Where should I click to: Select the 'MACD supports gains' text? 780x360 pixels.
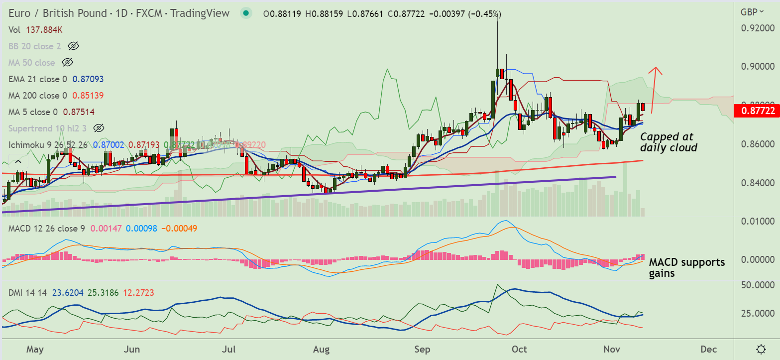point(686,267)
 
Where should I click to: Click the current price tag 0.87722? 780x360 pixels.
point(758,111)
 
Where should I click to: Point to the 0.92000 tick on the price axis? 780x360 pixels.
point(758,28)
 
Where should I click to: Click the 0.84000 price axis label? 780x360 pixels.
point(758,183)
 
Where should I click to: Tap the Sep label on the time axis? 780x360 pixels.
point(422,349)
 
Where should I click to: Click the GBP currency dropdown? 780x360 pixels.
point(752,12)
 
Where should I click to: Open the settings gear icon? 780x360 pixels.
point(761,349)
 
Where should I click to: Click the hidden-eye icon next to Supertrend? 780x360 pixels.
point(99,128)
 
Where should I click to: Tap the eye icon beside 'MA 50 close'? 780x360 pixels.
point(68,63)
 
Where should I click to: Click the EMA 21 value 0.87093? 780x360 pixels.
point(88,79)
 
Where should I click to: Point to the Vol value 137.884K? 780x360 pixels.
point(44,30)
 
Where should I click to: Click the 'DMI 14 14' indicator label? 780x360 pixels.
point(27,293)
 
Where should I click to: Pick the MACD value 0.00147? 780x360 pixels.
point(105,229)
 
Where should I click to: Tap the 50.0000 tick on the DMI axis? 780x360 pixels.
point(758,285)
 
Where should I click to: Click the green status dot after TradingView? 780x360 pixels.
point(245,13)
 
